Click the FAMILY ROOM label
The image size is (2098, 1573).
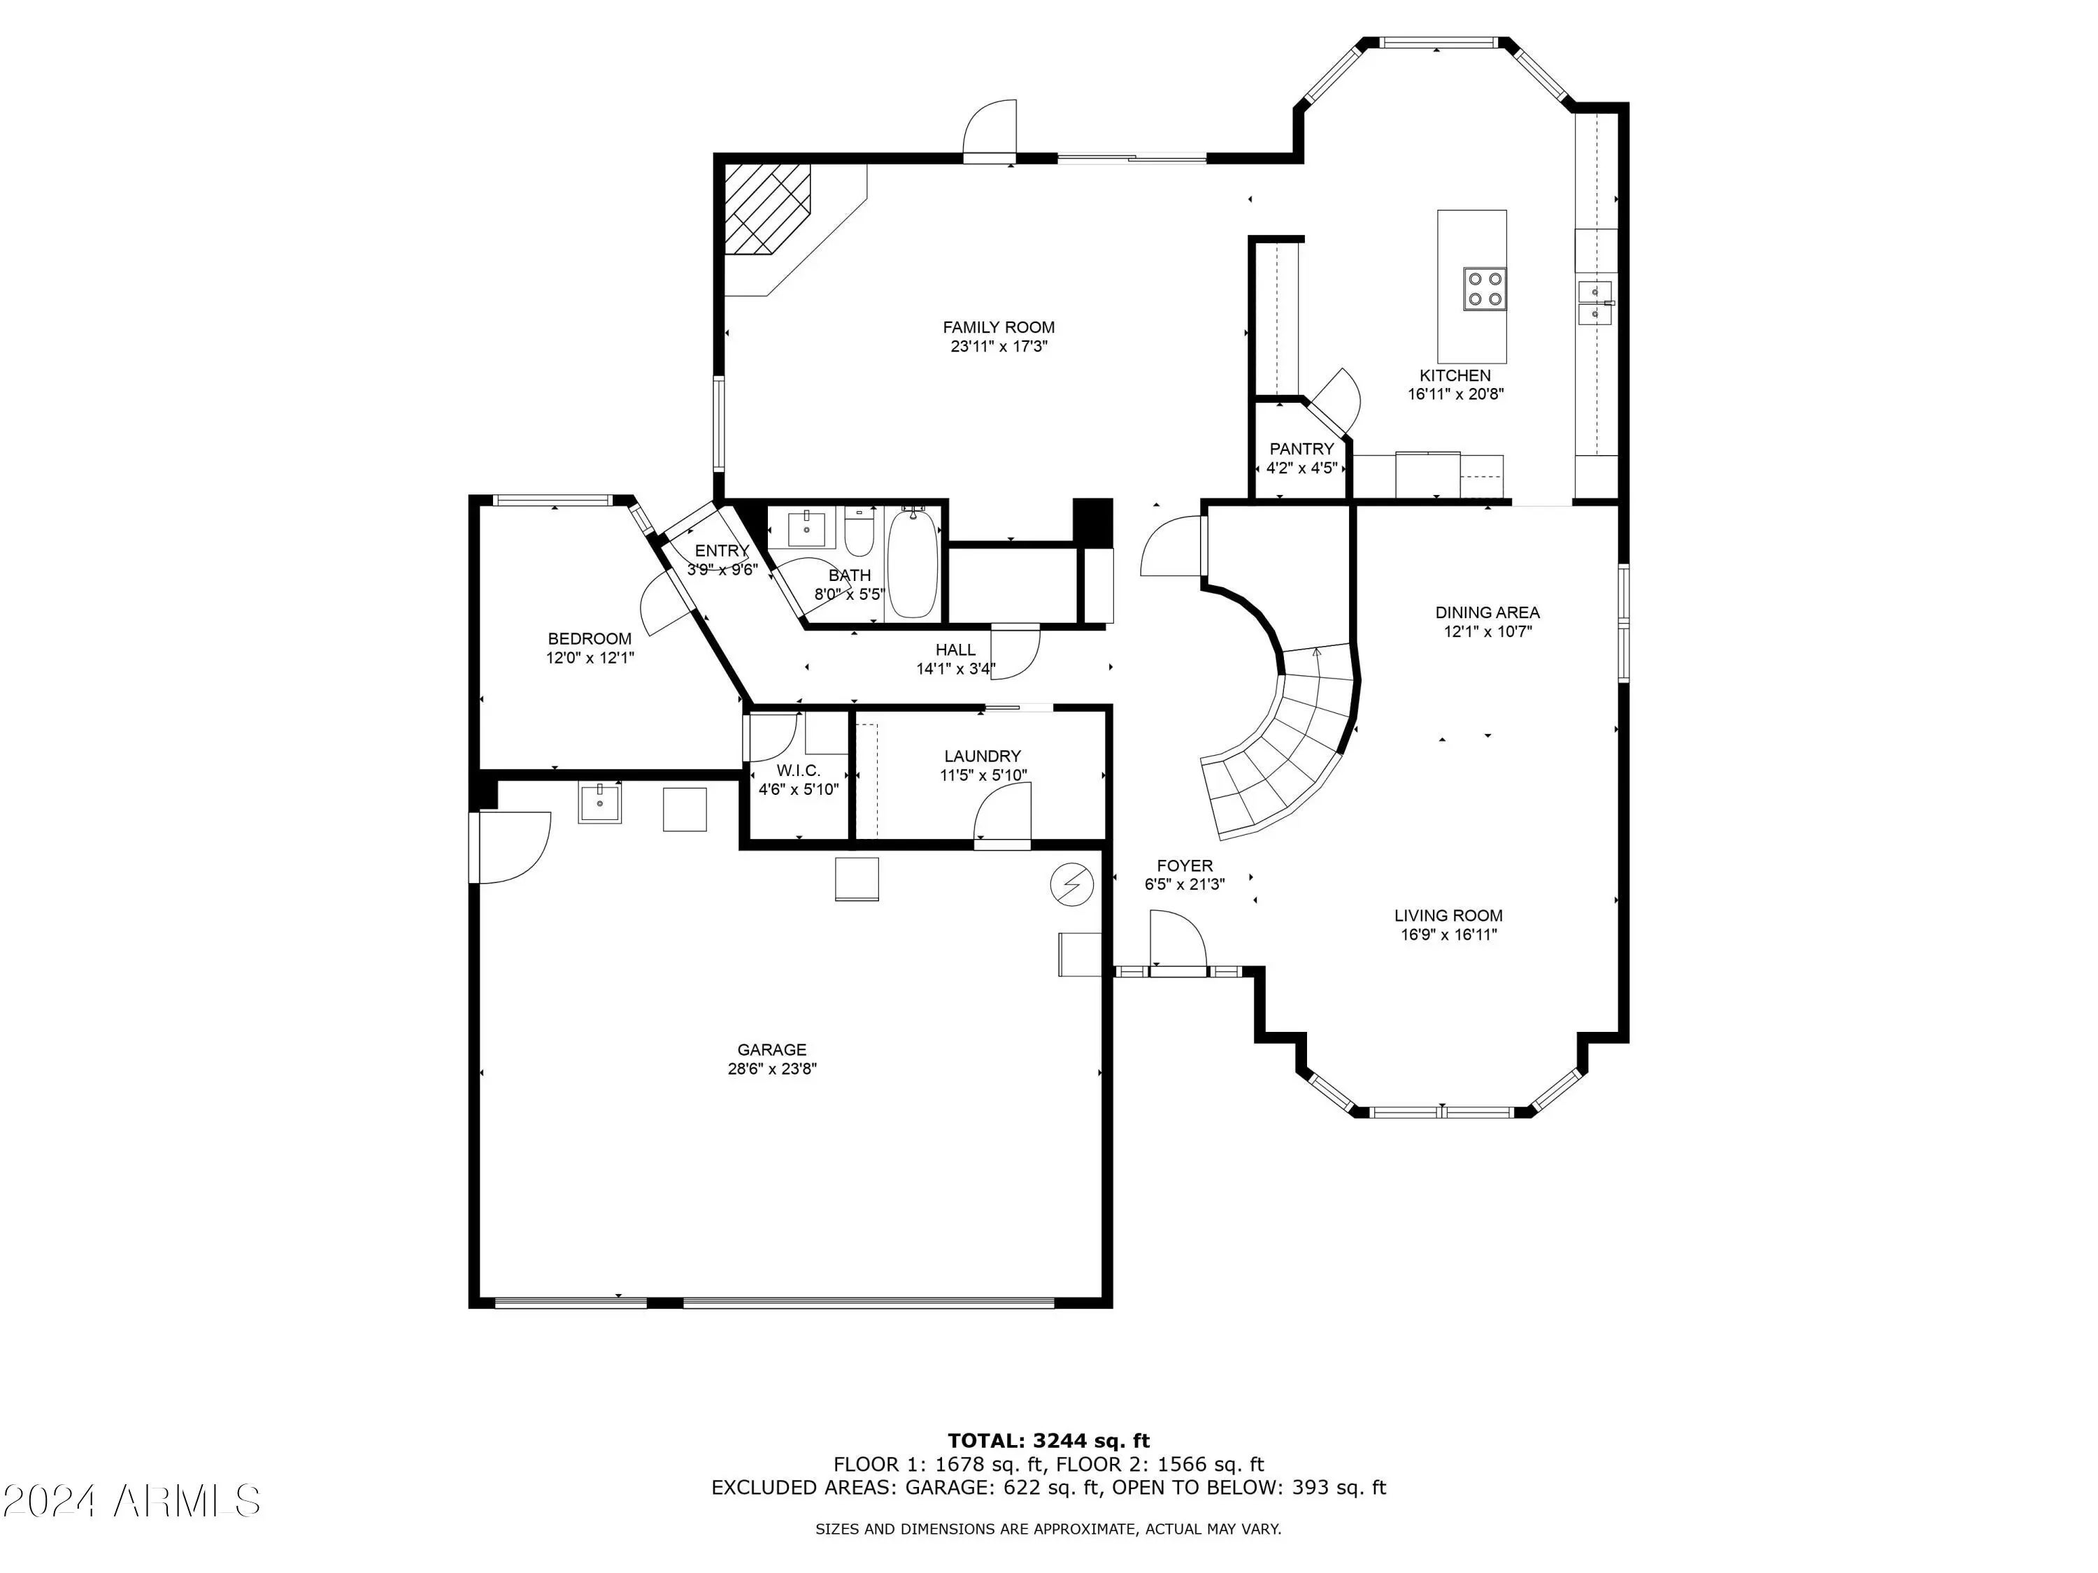[999, 328]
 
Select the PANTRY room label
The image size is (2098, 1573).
[1301, 449]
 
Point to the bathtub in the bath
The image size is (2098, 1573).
[913, 563]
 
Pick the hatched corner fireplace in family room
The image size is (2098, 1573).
[769, 208]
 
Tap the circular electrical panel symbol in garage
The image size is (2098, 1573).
[1072, 884]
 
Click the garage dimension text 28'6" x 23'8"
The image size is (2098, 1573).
[772, 1068]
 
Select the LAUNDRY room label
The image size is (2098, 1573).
[983, 756]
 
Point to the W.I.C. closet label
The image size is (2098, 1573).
[799, 771]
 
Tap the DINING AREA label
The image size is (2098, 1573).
[1487, 612]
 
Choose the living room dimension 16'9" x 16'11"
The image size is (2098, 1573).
[1448, 934]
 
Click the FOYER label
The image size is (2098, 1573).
[1185, 865]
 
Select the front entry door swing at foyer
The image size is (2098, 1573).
[1177, 940]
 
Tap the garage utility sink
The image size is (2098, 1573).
[599, 803]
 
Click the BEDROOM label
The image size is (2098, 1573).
[589, 638]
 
